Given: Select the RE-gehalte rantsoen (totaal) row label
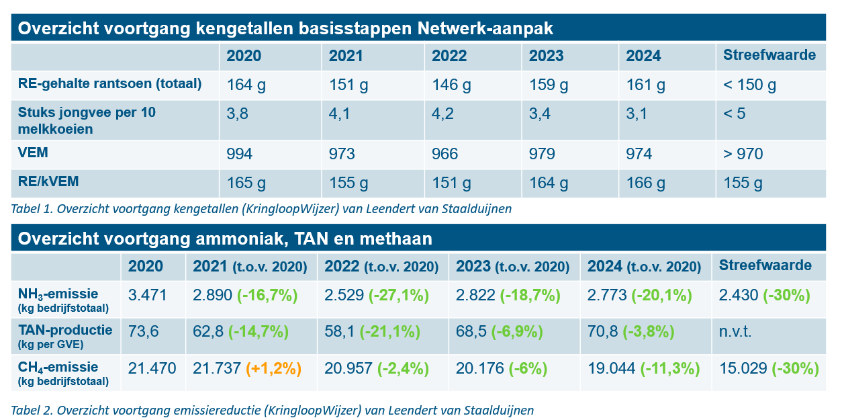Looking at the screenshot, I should click(110, 84).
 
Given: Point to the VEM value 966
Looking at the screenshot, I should click(445, 155).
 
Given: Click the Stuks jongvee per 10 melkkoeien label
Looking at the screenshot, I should click(87, 120).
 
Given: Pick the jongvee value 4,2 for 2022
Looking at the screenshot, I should click(442, 114).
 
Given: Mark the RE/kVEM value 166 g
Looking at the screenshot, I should click(646, 183).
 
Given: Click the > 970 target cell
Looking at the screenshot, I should click(743, 155).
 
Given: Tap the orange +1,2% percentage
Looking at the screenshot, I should click(273, 368).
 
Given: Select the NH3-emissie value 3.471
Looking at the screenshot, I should click(148, 295).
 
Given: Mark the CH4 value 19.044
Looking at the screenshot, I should click(612, 368).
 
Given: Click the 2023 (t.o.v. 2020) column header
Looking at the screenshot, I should click(511, 265).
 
